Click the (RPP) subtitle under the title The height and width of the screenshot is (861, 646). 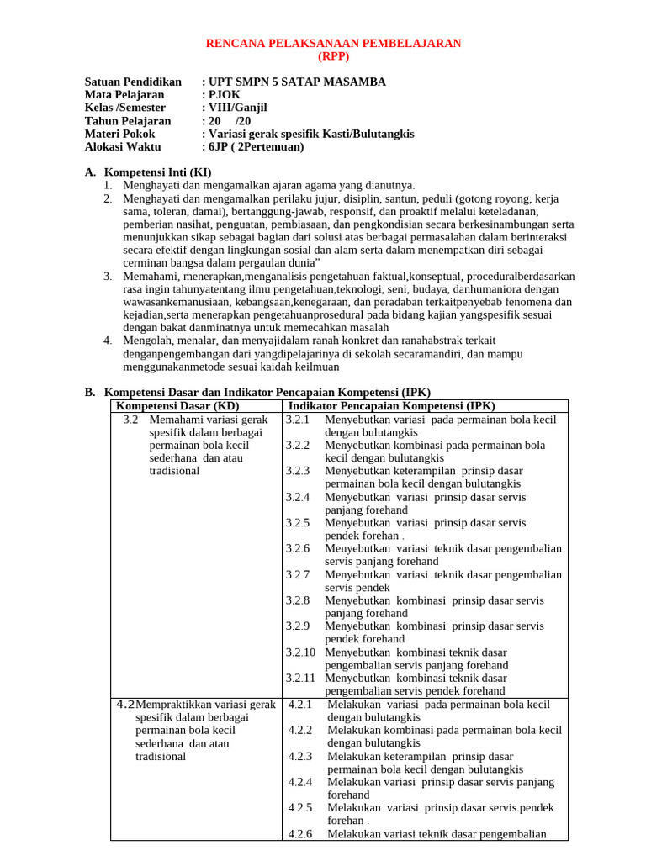(334, 56)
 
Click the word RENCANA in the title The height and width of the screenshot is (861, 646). (236, 44)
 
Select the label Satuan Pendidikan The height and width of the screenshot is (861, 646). (133, 82)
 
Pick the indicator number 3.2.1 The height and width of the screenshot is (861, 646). (298, 419)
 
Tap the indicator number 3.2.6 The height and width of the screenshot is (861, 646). (298, 548)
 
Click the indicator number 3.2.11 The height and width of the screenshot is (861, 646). (300, 678)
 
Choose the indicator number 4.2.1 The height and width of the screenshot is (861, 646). (300, 705)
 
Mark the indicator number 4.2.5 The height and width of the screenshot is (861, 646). (300, 807)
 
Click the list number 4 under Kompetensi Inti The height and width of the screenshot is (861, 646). (108, 341)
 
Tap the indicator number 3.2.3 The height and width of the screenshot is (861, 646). (298, 471)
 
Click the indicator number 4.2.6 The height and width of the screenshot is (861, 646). (300, 834)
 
